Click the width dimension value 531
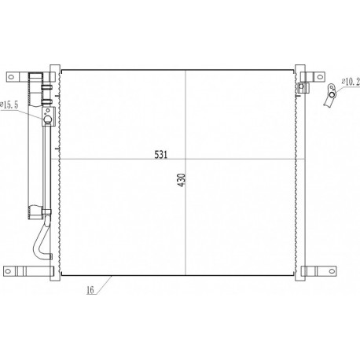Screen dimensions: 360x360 coord(160,155)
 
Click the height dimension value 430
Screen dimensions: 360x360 coord(182,180)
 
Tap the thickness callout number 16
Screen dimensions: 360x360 coord(90,290)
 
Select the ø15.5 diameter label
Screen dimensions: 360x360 coord(9,105)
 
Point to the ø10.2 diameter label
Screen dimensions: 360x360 coord(351,82)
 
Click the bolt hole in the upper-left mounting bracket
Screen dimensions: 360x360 coord(11,77)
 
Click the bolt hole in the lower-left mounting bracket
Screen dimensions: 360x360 coord(8,271)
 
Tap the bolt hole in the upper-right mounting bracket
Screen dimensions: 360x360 coord(320,77)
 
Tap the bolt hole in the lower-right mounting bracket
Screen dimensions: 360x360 coord(332,271)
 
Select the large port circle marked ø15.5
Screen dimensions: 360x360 coord(47,119)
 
